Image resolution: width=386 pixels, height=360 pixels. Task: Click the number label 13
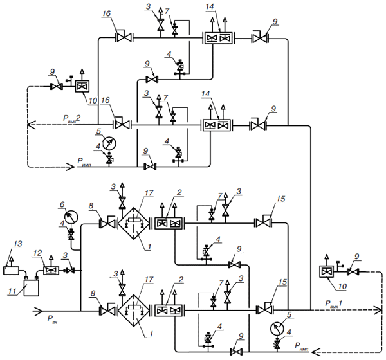(18, 244)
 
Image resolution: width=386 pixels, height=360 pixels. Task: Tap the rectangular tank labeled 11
(32, 287)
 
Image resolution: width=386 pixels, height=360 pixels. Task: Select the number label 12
(38, 253)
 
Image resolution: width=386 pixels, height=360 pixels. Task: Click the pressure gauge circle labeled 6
(71, 217)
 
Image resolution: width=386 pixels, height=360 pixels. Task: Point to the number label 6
(62, 204)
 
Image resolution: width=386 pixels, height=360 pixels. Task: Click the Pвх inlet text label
(52, 319)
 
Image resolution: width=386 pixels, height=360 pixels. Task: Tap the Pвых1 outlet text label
(333, 303)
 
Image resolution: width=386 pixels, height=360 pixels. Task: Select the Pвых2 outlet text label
(71, 118)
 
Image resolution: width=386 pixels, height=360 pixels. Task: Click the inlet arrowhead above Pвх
(39, 310)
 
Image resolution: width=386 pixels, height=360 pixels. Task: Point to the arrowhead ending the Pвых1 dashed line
(378, 310)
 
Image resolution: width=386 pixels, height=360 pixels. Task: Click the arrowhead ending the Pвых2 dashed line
(30, 125)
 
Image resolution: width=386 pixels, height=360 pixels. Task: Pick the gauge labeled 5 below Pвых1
(277, 328)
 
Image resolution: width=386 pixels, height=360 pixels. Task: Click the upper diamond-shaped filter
(134, 223)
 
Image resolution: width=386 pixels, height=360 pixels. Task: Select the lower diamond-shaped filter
(134, 310)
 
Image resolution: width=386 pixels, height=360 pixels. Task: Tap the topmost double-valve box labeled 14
(218, 38)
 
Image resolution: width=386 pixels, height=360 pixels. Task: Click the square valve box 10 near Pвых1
(326, 272)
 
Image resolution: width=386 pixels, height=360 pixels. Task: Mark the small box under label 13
(11, 271)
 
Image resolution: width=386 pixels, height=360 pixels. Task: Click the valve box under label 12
(51, 271)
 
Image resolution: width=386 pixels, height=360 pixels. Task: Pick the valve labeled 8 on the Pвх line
(107, 310)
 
